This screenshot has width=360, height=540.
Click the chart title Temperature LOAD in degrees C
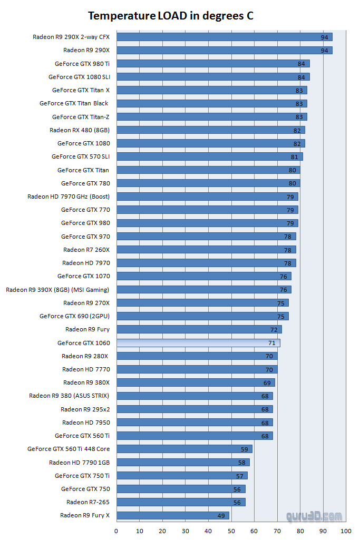[x=170, y=16]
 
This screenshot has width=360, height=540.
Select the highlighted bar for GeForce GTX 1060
[x=198, y=343]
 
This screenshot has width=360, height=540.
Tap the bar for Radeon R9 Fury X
[x=172, y=515]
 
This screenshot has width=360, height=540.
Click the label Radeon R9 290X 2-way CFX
[x=71, y=37]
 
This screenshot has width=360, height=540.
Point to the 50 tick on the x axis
[x=231, y=531]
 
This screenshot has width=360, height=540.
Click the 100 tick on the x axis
[x=346, y=531]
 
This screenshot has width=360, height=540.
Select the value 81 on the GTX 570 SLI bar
[x=294, y=157]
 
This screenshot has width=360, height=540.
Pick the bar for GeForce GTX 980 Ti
[x=212, y=64]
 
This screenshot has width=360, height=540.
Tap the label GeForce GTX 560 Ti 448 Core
[x=69, y=449]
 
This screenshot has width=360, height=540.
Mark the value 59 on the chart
[x=244, y=449]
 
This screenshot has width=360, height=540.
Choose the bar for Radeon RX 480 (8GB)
[x=210, y=130]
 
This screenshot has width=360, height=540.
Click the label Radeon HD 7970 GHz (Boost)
[x=69, y=197]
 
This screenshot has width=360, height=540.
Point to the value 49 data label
[x=221, y=516]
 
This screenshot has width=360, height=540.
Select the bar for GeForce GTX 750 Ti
[x=181, y=476]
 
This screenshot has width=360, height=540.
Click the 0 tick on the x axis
[x=116, y=531]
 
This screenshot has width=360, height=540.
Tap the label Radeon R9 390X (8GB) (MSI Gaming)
[x=57, y=290]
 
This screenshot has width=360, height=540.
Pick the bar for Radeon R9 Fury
[x=199, y=329]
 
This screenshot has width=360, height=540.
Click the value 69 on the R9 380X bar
[x=267, y=383]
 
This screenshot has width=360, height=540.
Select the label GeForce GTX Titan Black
[x=74, y=103]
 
